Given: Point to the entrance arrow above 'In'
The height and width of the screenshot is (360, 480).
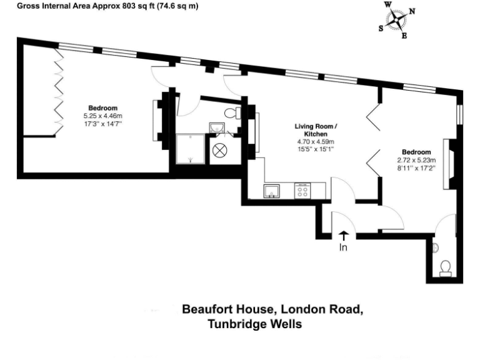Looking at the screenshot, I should (343, 236).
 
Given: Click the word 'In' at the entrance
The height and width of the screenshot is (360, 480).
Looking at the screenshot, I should (343, 247).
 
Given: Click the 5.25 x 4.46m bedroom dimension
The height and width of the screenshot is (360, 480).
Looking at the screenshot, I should (103, 116).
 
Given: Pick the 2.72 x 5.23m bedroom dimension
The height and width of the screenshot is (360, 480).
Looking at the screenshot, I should (416, 160).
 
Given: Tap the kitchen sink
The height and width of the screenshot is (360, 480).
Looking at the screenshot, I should (273, 190).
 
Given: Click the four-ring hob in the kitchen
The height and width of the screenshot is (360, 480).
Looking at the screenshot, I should (302, 190).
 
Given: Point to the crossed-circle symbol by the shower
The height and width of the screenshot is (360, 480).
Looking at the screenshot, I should (220, 150).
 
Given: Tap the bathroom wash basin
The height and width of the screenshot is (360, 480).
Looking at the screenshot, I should (217, 128).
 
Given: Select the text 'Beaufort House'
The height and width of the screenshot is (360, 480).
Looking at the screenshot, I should (229, 309).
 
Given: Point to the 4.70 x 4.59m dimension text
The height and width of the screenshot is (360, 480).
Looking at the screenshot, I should (316, 142).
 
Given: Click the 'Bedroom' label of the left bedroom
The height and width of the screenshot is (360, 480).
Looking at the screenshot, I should (102, 108).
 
